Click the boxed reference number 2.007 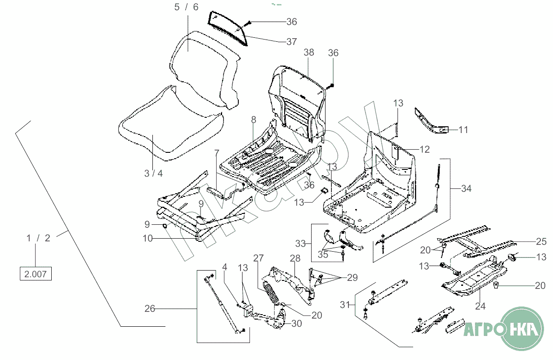click(36, 274)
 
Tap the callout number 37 click(291, 42)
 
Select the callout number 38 click(308, 52)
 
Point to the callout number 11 click(463, 130)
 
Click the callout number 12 click(424, 149)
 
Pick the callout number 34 click(466, 188)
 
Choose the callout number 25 click(541, 241)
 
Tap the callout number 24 click(480, 306)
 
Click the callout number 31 click(345, 305)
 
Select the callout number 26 click(150, 308)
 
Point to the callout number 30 click(296, 324)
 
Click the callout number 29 click(352, 278)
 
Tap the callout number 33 click(300, 244)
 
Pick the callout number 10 click(147, 238)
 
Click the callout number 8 click(254, 120)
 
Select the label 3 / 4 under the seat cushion click(153, 173)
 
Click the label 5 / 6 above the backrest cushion click(186, 7)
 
